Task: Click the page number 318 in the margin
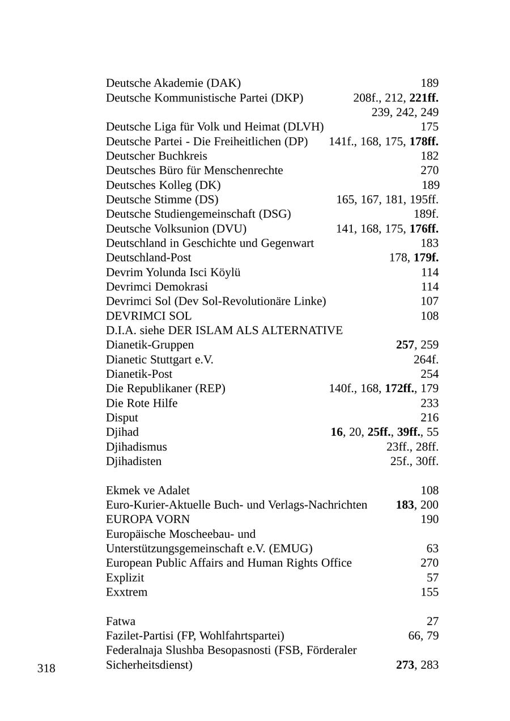46,669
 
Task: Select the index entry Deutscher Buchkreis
156,156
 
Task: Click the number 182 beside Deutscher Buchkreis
430,156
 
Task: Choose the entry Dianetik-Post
139,374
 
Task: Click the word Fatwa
121,622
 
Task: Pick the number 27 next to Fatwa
432,622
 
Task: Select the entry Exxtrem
126,592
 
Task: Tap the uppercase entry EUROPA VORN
148,520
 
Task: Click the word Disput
122,418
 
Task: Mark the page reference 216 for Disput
430,418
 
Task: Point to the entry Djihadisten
134,461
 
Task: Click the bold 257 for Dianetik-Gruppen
405,345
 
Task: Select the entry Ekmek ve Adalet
148,491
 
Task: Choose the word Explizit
125,578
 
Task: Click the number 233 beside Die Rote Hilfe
430,403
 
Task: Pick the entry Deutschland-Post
148,258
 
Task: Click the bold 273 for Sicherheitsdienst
405,665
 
